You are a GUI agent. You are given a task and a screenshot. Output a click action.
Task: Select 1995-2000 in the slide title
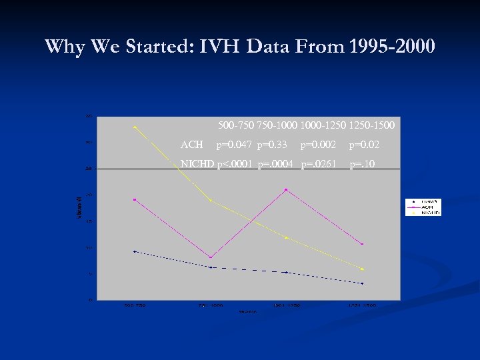[391, 47]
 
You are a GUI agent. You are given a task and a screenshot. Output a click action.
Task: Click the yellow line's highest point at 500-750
[135, 127]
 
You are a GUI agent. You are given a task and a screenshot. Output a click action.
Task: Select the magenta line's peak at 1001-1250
[286, 190]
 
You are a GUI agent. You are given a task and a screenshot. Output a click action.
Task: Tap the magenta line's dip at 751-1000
[211, 257]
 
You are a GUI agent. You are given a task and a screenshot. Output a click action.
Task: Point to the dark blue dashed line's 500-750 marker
[135, 251]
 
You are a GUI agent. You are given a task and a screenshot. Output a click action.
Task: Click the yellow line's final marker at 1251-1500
[362, 269]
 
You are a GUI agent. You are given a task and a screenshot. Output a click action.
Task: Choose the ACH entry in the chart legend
[425, 207]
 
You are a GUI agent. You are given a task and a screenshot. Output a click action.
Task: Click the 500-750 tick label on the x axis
[135, 305]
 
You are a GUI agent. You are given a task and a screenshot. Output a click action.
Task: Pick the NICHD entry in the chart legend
[425, 213]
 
